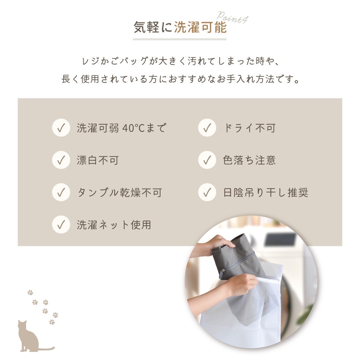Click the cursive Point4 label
point(232,17)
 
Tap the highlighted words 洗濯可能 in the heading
point(200,28)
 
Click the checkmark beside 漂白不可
point(61,160)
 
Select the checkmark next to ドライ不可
point(207,128)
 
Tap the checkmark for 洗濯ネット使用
point(61,225)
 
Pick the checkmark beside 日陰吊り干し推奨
point(207,192)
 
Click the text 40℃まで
point(144,128)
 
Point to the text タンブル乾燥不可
point(120,192)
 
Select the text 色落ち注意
point(249,160)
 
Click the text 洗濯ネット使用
point(114,225)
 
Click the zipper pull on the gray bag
point(222,274)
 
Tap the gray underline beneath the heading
point(180,39)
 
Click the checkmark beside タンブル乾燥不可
point(61,192)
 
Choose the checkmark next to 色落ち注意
point(207,160)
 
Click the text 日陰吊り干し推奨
point(266,192)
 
